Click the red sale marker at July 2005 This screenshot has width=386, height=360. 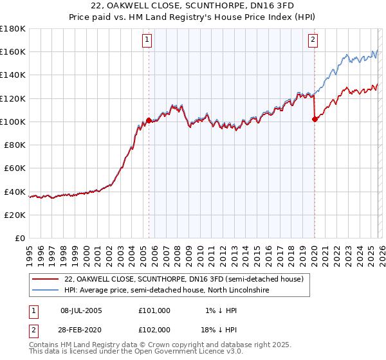[149, 120]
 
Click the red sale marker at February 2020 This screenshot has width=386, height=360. [315, 119]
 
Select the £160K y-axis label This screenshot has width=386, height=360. [13, 51]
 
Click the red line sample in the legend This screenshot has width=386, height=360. [45, 280]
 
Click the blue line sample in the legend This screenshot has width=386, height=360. [45, 291]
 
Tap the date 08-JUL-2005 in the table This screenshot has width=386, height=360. [86, 310]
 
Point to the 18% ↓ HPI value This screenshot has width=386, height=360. [221, 330]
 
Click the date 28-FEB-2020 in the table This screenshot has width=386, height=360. [86, 330]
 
